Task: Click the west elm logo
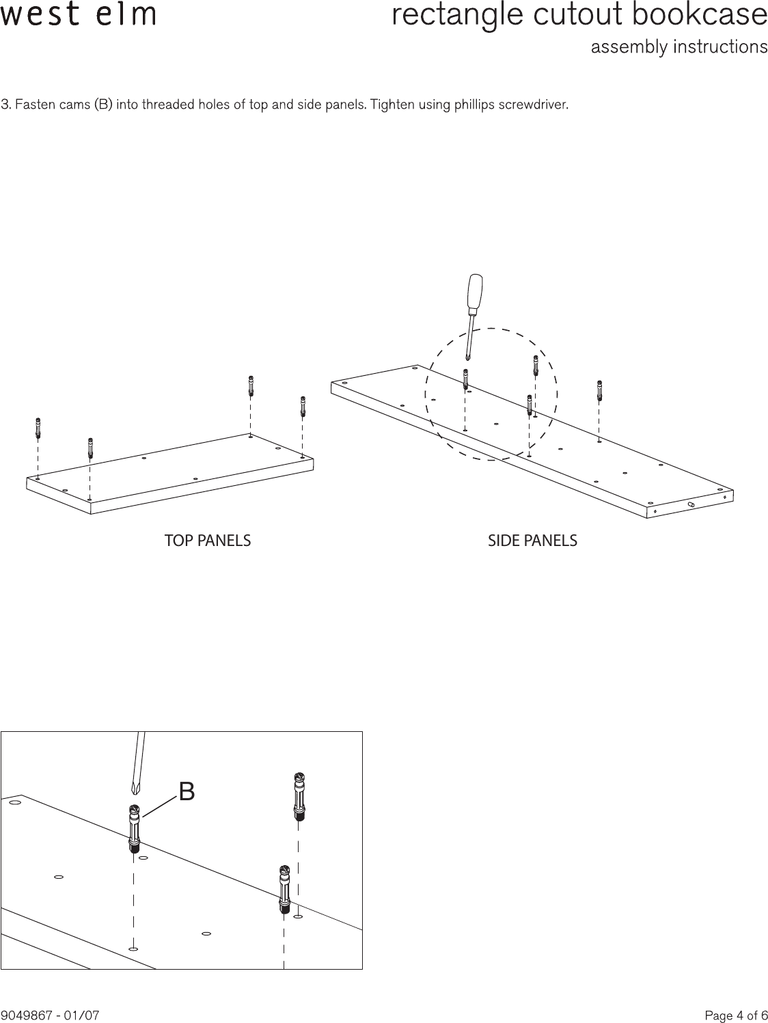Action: pos(78,14)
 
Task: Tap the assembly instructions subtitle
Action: pos(678,47)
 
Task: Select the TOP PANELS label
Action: pos(208,541)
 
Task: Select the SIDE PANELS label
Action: pos(532,541)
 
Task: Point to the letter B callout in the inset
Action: pos(187,791)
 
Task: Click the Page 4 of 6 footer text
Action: pos(736,1015)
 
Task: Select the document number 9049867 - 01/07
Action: pos(51,1015)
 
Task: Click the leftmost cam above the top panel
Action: pos(38,428)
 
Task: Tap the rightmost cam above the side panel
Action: pos(599,392)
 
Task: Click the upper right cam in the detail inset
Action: pos(298,796)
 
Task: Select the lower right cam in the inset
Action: pos(284,889)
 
